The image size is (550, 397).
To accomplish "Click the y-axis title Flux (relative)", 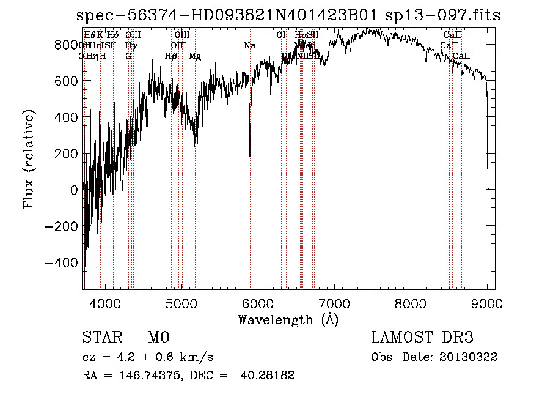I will [x=29, y=159].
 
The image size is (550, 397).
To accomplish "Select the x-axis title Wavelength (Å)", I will [x=288, y=319].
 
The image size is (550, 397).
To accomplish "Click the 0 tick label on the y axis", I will [x=74, y=190].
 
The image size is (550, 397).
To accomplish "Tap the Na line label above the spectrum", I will [x=249, y=46].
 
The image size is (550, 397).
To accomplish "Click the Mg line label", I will [x=195, y=56].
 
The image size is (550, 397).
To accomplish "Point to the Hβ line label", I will [x=171, y=56].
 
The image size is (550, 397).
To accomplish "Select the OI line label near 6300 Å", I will [x=281, y=35].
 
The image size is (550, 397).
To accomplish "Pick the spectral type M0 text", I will [x=158, y=338].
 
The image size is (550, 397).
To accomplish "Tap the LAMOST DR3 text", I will [x=422, y=338].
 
